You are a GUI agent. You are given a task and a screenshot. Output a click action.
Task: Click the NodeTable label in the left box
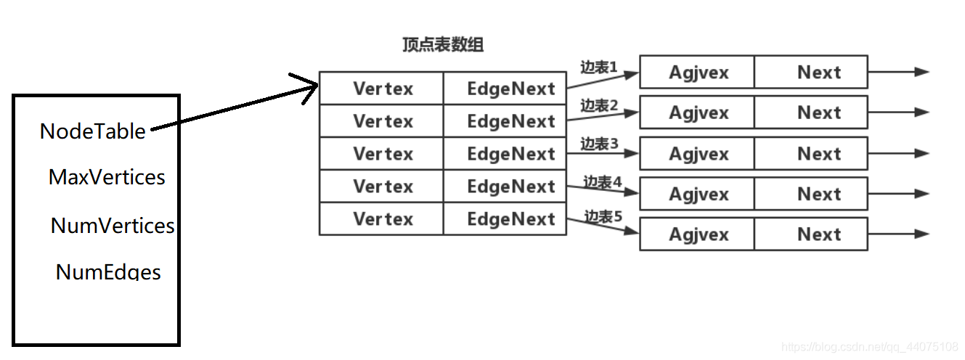pyautogui.click(x=93, y=131)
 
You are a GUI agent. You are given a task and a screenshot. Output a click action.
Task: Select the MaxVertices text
pyautogui.click(x=107, y=177)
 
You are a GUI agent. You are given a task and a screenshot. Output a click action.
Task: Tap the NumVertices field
pyautogui.click(x=113, y=226)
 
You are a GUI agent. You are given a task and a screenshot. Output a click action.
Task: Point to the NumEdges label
pyautogui.click(x=108, y=271)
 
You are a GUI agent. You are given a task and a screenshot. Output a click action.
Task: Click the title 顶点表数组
pyautogui.click(x=443, y=44)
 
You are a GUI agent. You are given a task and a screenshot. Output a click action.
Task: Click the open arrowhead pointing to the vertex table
pyautogui.click(x=306, y=87)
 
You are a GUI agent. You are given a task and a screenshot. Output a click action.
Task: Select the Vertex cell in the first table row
pyautogui.click(x=382, y=89)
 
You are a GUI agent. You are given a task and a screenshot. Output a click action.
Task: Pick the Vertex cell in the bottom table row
pyautogui.click(x=382, y=218)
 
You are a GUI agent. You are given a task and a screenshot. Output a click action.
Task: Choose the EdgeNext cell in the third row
pyautogui.click(x=505, y=153)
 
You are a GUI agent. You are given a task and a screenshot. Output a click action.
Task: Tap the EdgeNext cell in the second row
pyautogui.click(x=505, y=121)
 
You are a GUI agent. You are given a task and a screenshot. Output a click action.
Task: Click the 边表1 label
pyautogui.click(x=599, y=67)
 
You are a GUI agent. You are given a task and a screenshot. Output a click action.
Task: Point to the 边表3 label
pyautogui.click(x=599, y=144)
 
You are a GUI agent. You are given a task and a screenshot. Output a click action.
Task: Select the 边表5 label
pyautogui.click(x=603, y=216)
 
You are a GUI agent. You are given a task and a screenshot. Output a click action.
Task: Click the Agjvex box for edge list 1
pyautogui.click(x=697, y=72)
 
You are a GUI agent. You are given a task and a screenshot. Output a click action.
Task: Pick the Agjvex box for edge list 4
pyautogui.click(x=697, y=194)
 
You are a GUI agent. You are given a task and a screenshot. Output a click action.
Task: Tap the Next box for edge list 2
pyautogui.click(x=811, y=112)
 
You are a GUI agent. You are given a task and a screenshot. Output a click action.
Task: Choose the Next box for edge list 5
pyautogui.click(x=811, y=234)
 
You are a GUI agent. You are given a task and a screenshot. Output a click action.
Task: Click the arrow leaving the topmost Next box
pyautogui.click(x=898, y=72)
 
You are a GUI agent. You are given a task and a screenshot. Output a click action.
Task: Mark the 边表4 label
pyautogui.click(x=603, y=181)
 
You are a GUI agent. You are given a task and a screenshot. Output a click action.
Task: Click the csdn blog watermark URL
pyautogui.click(x=870, y=347)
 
